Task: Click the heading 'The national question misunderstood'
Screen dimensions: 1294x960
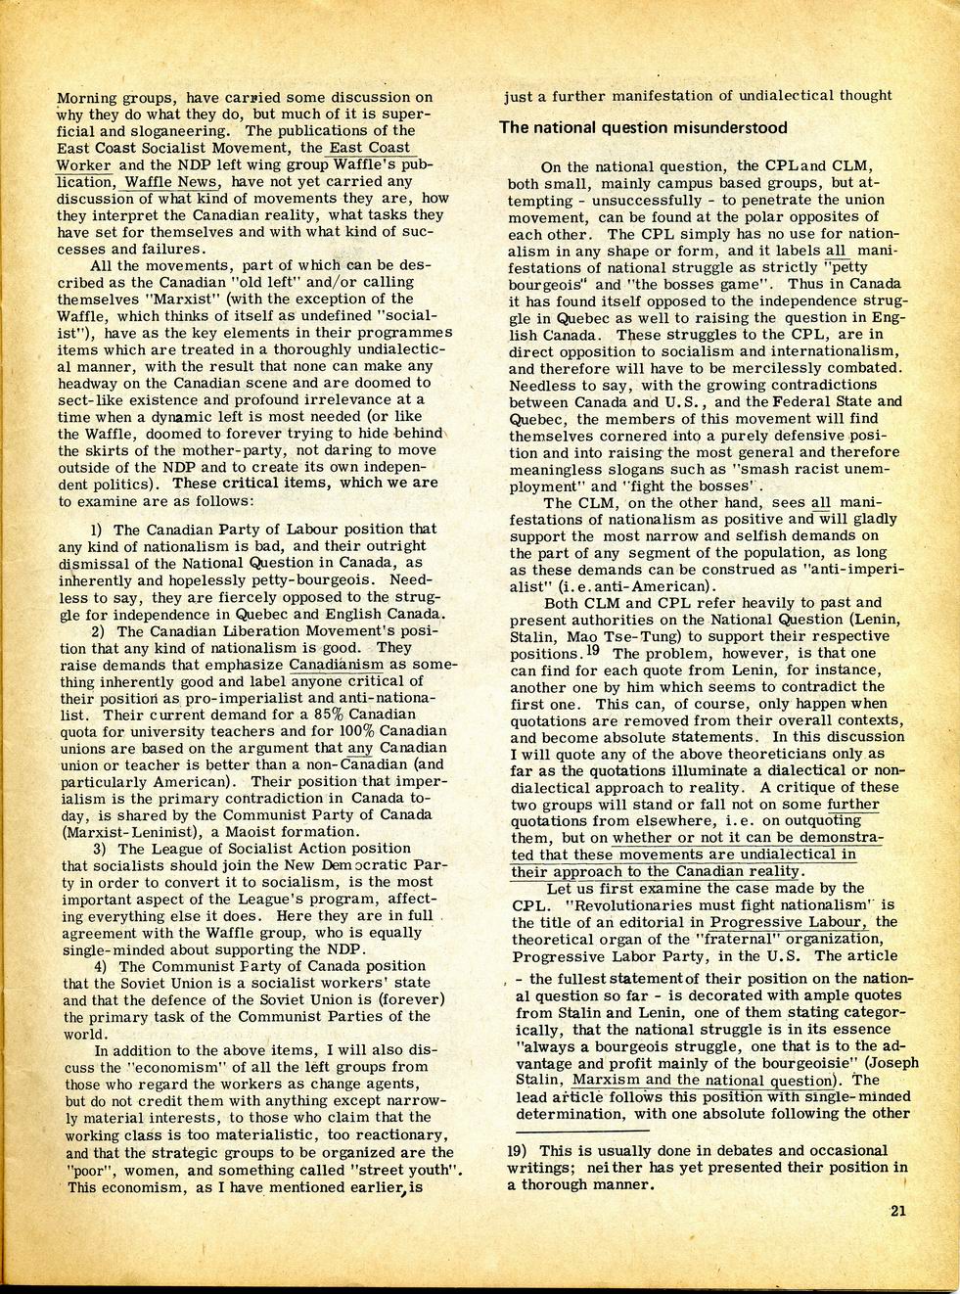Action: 643,127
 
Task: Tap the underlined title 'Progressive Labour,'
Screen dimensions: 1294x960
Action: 789,922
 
